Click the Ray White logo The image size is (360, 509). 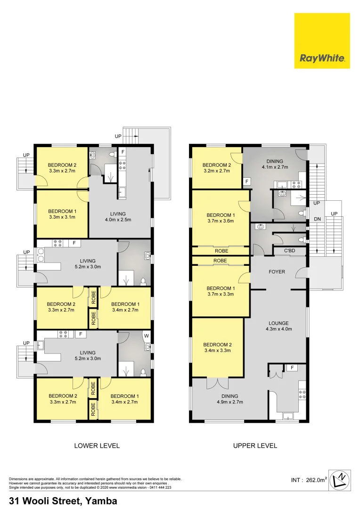click(x=322, y=41)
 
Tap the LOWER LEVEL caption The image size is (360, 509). click(x=97, y=445)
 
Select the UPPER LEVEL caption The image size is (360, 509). click(x=255, y=445)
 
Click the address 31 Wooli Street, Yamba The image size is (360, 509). click(x=63, y=501)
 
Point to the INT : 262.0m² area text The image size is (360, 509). click(x=309, y=480)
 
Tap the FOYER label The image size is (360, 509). click(x=276, y=272)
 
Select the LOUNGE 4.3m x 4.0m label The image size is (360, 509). click(x=278, y=326)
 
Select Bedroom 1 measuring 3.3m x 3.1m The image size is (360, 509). click(x=62, y=214)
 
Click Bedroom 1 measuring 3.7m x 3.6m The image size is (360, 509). click(x=221, y=218)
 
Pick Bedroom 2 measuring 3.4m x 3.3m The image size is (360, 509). click(x=217, y=348)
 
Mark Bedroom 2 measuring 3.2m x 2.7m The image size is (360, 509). click(x=216, y=168)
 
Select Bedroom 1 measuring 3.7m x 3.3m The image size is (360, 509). click(x=221, y=291)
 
